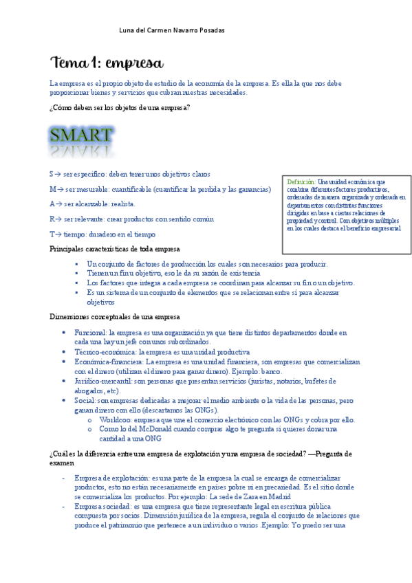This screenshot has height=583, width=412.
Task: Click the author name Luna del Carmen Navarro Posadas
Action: click(x=172, y=30)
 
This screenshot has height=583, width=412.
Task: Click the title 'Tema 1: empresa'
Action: click(x=107, y=63)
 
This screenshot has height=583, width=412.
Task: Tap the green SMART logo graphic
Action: click(x=81, y=140)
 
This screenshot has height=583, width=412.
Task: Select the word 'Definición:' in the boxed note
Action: click(x=301, y=181)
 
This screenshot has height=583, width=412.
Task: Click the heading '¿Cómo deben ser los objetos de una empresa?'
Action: click(x=120, y=108)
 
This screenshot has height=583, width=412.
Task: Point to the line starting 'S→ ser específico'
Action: click(x=130, y=174)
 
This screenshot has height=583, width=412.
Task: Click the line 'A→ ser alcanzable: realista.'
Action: click(x=93, y=203)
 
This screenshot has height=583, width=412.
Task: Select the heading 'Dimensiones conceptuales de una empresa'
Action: click(x=115, y=316)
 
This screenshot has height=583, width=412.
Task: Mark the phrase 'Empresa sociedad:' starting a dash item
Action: click(x=101, y=506)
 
